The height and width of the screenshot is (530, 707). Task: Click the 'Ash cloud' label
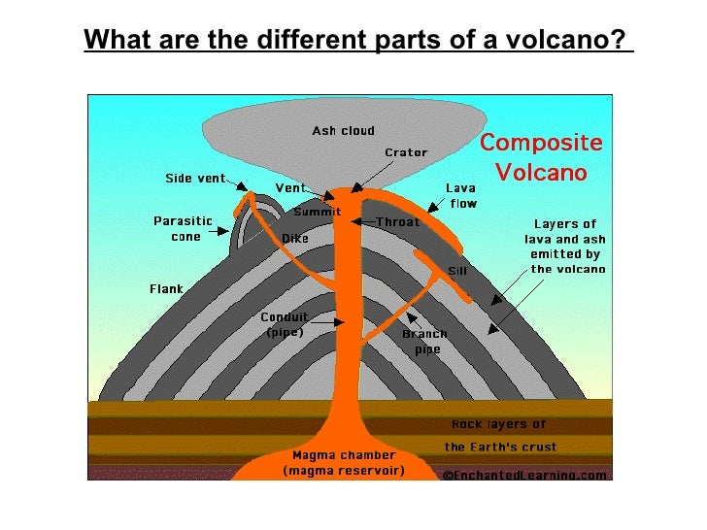click(343, 130)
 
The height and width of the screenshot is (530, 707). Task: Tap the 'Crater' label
click(405, 152)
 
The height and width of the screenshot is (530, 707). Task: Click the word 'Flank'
click(166, 288)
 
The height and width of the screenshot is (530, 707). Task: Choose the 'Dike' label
click(294, 238)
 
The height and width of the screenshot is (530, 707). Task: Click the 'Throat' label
click(397, 221)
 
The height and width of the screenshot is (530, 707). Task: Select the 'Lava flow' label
click(460, 195)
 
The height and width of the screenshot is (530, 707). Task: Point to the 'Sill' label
click(456, 271)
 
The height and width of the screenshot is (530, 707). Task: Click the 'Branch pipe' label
click(425, 342)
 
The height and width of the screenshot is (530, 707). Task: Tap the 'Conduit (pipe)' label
click(284, 324)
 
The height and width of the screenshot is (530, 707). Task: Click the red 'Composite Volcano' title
click(541, 157)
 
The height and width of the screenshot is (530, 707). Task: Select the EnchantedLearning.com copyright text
click(524, 476)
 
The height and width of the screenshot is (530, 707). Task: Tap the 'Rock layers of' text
click(499, 424)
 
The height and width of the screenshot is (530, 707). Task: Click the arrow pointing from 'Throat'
click(363, 221)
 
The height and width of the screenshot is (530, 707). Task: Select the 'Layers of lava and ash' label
click(566, 247)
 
